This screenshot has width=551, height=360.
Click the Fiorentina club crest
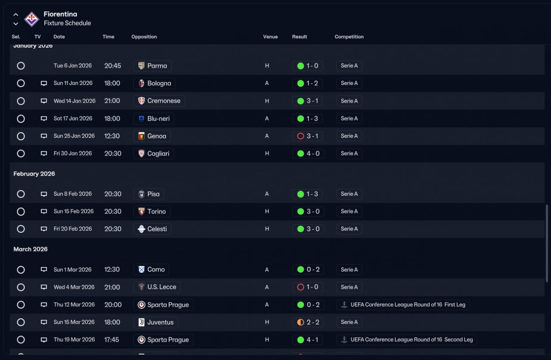click(31, 19)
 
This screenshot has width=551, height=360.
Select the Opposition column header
click(144, 37)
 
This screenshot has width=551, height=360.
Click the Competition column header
click(349, 37)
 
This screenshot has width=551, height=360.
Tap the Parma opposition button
click(152, 66)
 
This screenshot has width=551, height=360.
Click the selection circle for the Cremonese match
click(21, 101)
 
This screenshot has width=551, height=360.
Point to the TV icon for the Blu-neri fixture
click(44, 118)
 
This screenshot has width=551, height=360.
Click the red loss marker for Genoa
click(300, 136)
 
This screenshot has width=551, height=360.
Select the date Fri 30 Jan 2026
click(73, 154)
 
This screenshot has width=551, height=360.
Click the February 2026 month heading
click(34, 174)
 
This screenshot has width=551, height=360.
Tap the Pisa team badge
click(142, 194)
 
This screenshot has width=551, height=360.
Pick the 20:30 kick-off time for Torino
click(113, 211)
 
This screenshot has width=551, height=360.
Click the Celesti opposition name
click(157, 229)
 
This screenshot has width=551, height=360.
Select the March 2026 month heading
click(31, 249)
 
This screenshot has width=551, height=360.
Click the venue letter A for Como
click(267, 270)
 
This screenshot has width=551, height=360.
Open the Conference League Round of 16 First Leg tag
click(403, 305)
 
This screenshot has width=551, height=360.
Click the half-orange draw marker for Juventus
click(300, 322)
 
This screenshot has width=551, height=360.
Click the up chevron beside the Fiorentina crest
click(16, 15)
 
